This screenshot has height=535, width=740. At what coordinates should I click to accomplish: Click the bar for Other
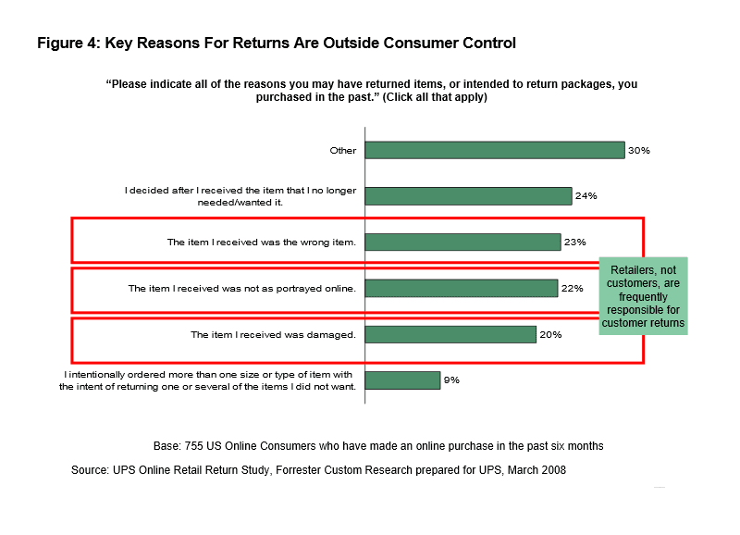(x=495, y=150)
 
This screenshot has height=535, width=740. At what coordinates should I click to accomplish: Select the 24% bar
(x=468, y=195)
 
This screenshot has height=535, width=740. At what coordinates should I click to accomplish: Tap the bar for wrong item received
(x=463, y=242)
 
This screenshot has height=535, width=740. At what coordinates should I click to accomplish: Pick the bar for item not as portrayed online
(x=462, y=288)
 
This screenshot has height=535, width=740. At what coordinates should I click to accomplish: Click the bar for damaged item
(x=450, y=334)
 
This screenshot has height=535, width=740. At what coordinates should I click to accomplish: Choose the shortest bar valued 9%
(x=402, y=380)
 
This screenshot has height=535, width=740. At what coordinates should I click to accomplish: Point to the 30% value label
(x=639, y=150)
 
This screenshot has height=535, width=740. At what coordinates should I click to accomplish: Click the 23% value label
(x=574, y=242)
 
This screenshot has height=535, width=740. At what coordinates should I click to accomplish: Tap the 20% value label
(x=550, y=334)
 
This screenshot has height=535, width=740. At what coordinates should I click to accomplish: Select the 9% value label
(x=451, y=380)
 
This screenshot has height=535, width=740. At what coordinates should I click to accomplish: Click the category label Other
(x=343, y=150)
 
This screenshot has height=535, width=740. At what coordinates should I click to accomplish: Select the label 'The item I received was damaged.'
(x=273, y=334)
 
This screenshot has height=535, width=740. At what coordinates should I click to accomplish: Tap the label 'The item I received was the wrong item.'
(x=262, y=242)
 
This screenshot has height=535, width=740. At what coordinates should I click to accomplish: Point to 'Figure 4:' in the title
(x=68, y=44)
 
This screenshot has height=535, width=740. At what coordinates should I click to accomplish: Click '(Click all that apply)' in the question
(x=435, y=97)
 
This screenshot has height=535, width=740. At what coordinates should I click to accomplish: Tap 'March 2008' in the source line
(x=536, y=470)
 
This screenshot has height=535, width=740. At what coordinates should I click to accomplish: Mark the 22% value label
(x=572, y=288)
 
